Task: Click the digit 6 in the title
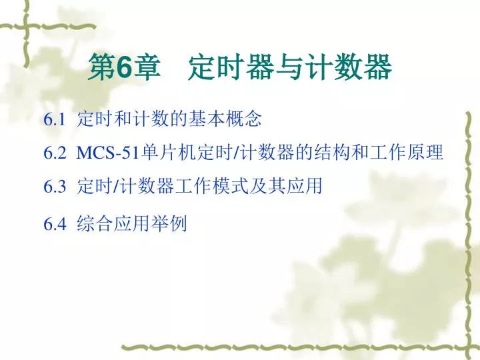124,67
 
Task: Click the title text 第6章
124,67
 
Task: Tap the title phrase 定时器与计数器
289,67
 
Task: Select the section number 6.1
55,119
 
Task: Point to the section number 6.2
55,153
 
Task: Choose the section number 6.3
55,186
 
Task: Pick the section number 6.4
55,224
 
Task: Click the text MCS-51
108,153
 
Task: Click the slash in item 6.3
116,186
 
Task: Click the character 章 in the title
147,67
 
